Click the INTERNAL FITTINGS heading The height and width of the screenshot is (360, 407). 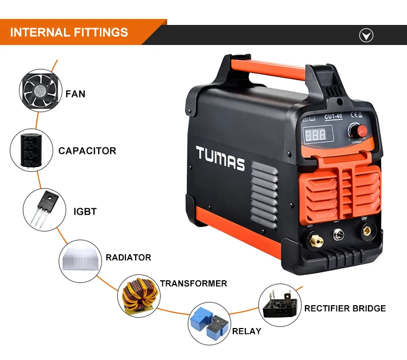coord(69,31)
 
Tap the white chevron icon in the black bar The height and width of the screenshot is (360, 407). coord(367,36)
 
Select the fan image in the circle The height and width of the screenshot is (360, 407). coord(40,91)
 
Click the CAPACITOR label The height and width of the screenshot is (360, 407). coord(87,151)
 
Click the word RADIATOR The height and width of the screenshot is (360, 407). coord(128,257)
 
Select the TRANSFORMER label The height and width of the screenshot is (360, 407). coord(193,283)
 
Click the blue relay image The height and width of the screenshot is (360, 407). coord(208,324)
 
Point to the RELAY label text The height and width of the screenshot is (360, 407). coord(246,331)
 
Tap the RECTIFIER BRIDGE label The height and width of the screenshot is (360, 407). coord(345,308)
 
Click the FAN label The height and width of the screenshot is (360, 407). coord(75,94)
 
